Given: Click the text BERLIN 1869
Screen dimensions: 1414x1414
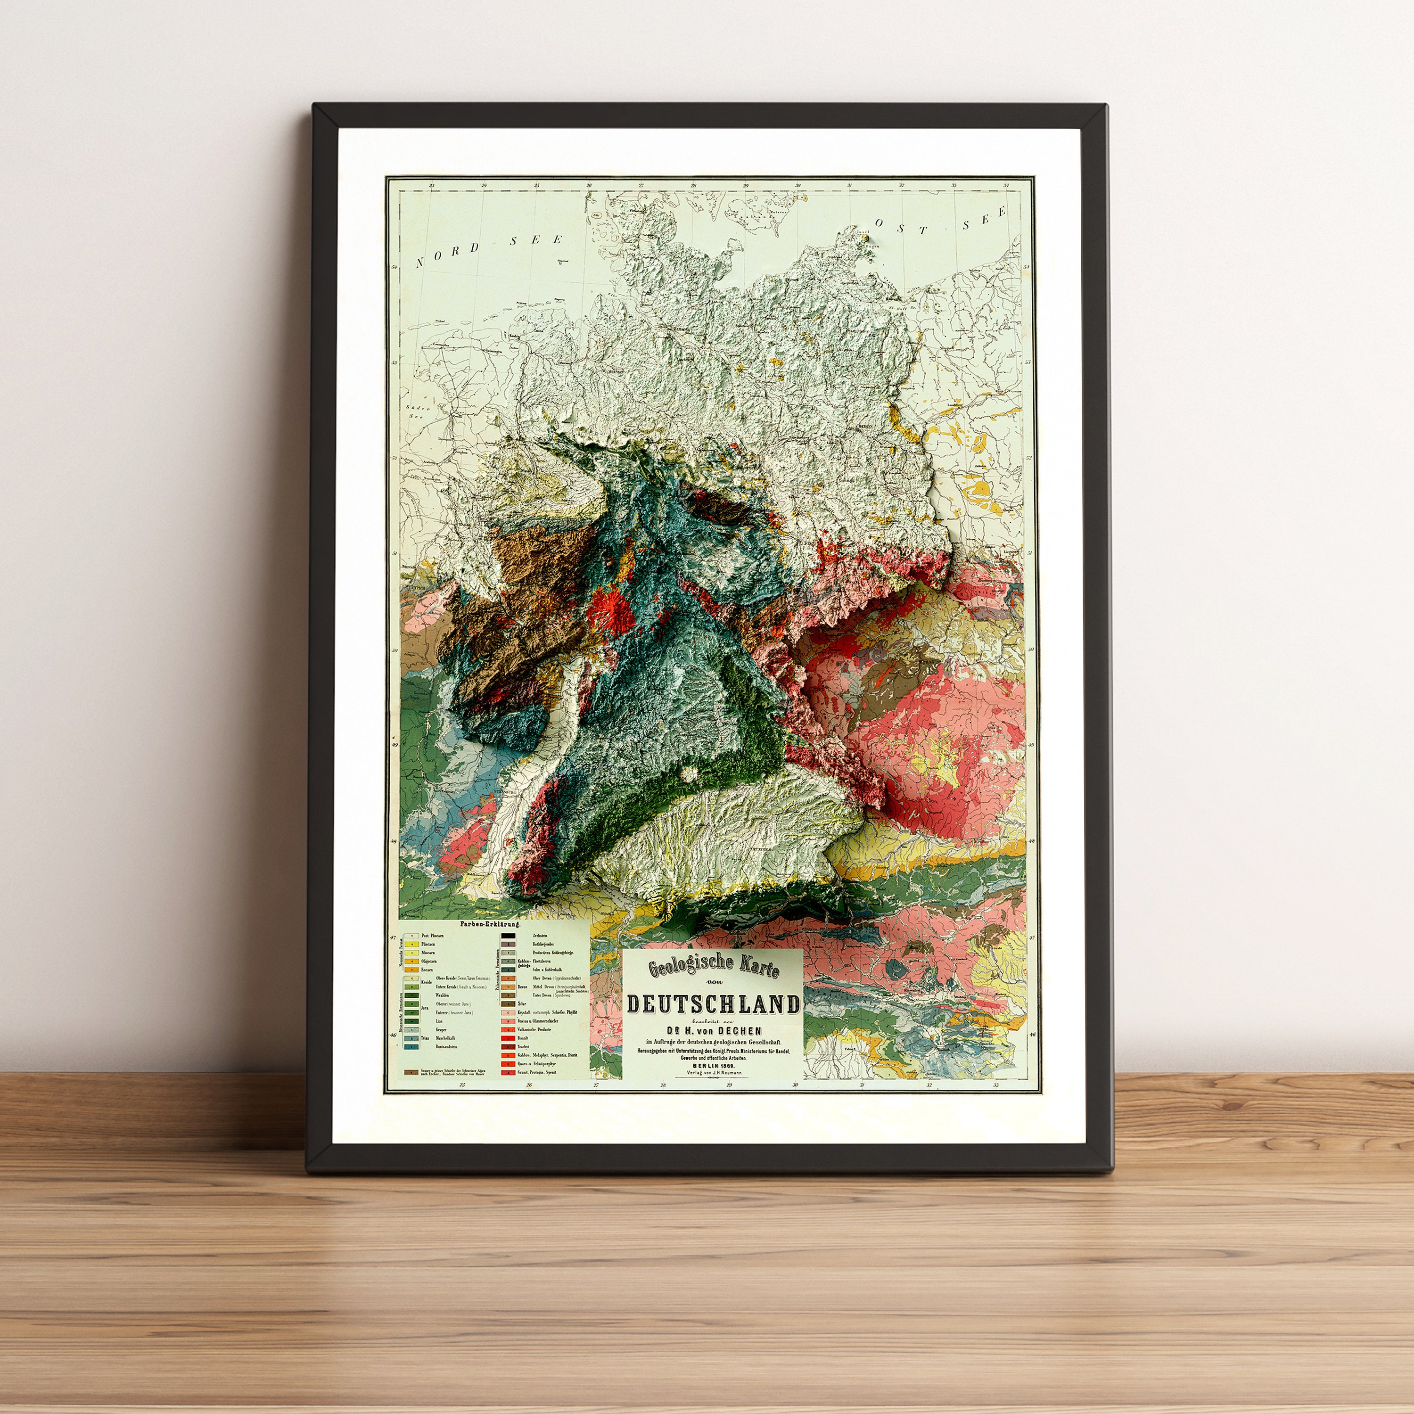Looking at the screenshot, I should tap(712, 1065).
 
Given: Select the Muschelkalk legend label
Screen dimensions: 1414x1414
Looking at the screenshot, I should tap(448, 1038).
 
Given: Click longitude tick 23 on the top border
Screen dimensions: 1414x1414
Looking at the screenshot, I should tap(432, 185).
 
